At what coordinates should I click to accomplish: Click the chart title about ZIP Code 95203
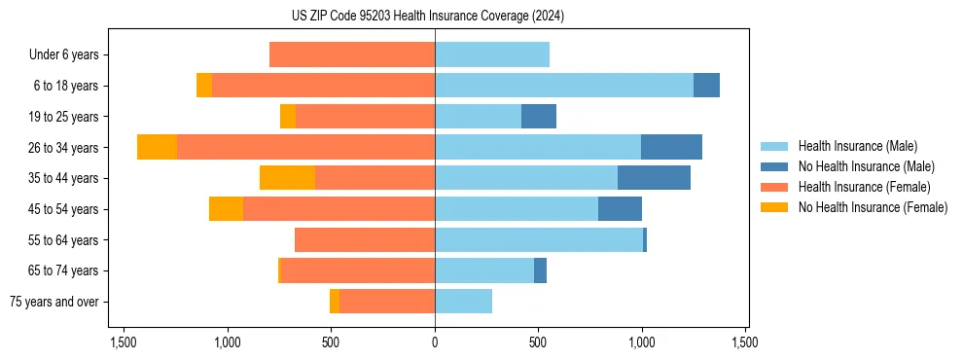[x=427, y=16]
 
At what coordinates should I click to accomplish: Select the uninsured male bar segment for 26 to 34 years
[x=671, y=147]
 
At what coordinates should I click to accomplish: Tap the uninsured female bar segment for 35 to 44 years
[x=287, y=178]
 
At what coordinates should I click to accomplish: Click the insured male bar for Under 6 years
[x=491, y=54]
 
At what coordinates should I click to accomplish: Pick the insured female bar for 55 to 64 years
[x=364, y=239]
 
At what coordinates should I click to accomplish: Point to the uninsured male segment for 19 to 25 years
[x=538, y=117]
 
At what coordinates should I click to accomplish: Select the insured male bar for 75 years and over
[x=463, y=302]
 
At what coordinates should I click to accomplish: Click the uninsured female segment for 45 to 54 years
[x=226, y=209]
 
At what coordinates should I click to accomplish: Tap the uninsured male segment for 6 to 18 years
[x=706, y=86]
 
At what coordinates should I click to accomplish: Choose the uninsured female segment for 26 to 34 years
[x=157, y=147]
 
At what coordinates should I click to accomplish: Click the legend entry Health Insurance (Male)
[x=857, y=146]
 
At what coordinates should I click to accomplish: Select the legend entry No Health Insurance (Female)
[x=873, y=207]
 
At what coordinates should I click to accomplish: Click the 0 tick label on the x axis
[x=435, y=342]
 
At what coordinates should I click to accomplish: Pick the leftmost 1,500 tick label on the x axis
[x=124, y=342]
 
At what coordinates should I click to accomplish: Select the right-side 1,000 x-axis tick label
[x=642, y=342]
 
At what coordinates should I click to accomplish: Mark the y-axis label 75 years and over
[x=54, y=302]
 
